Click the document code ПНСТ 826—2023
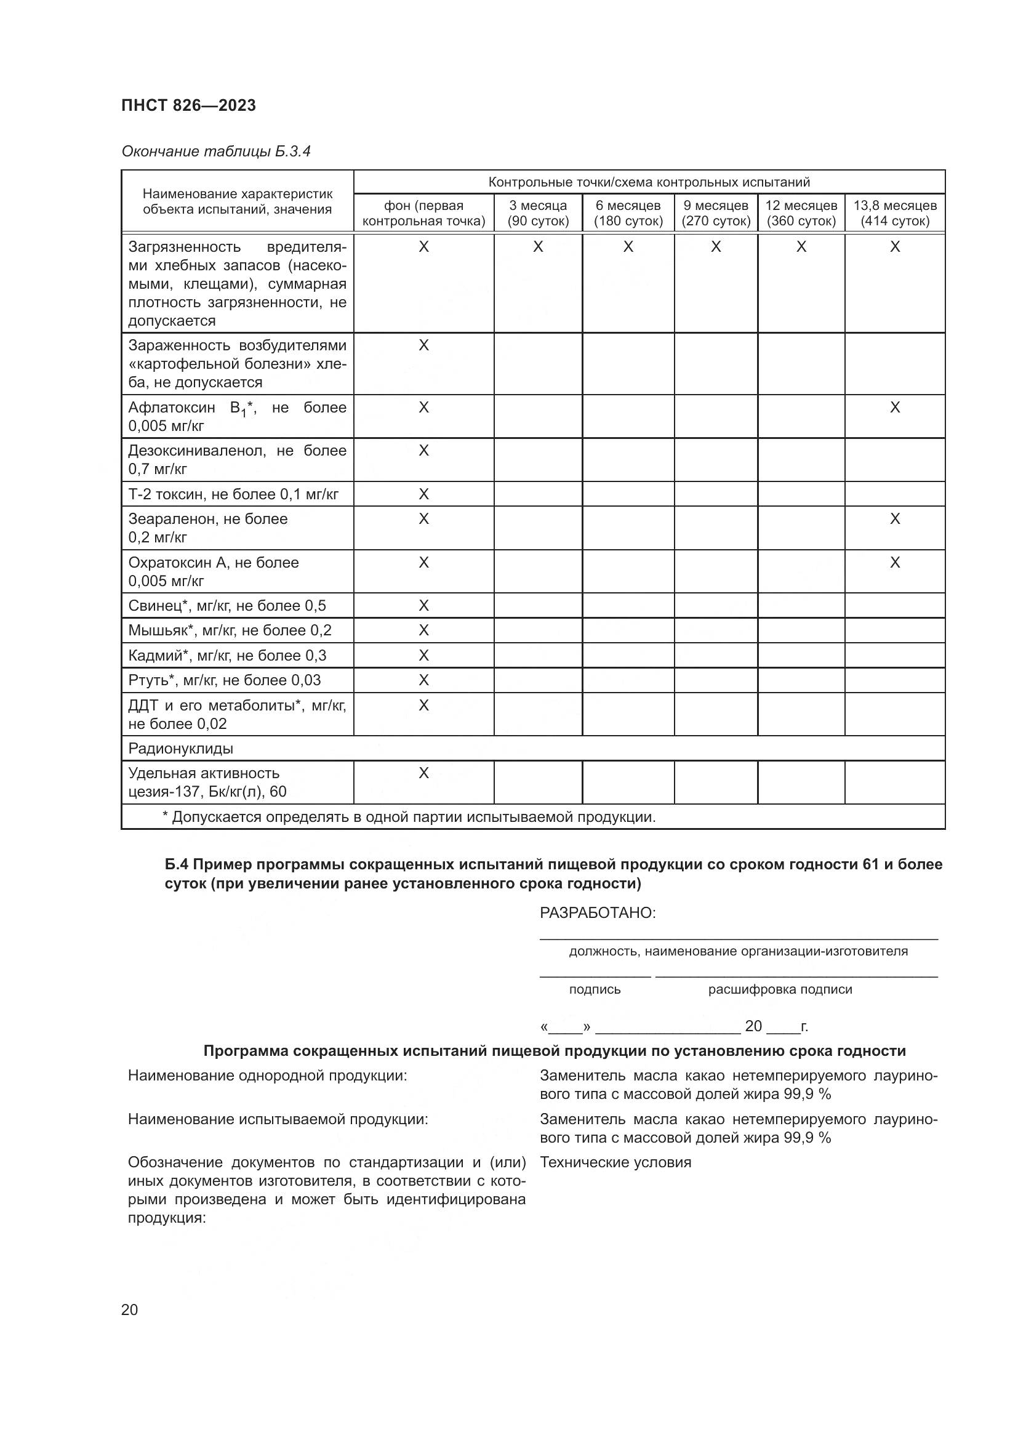[x=189, y=105]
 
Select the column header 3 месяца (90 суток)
[x=538, y=213]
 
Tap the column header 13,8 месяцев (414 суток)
[x=894, y=213]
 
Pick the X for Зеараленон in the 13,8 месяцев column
[x=894, y=518]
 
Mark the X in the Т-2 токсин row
[x=423, y=494]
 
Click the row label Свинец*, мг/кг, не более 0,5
[x=227, y=605]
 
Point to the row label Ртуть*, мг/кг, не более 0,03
[x=225, y=680]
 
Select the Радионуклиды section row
[x=180, y=748]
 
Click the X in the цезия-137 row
[x=423, y=773]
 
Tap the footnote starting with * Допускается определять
[x=409, y=816]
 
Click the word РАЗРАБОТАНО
[x=598, y=912]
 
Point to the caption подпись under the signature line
[x=595, y=989]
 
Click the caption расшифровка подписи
[x=780, y=989]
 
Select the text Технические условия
[x=615, y=1162]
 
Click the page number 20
[x=129, y=1309]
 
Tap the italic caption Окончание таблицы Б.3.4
[x=215, y=151]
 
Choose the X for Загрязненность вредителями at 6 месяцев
[x=628, y=247]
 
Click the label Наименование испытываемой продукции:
[x=278, y=1119]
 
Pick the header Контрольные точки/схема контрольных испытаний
[x=649, y=182]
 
